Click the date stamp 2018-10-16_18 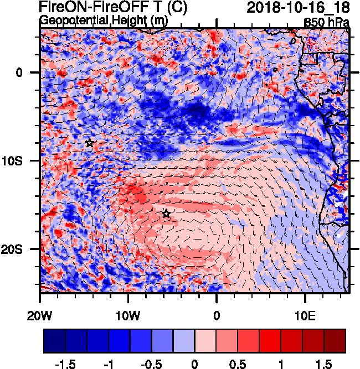click(x=297, y=7)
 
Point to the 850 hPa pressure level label click(x=327, y=23)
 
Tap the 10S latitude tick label click(x=24, y=160)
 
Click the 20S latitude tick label click(x=24, y=249)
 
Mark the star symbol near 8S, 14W click(x=90, y=143)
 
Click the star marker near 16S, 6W click(x=166, y=214)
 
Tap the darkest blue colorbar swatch click(x=54, y=341)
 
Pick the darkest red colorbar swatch click(x=335, y=341)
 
